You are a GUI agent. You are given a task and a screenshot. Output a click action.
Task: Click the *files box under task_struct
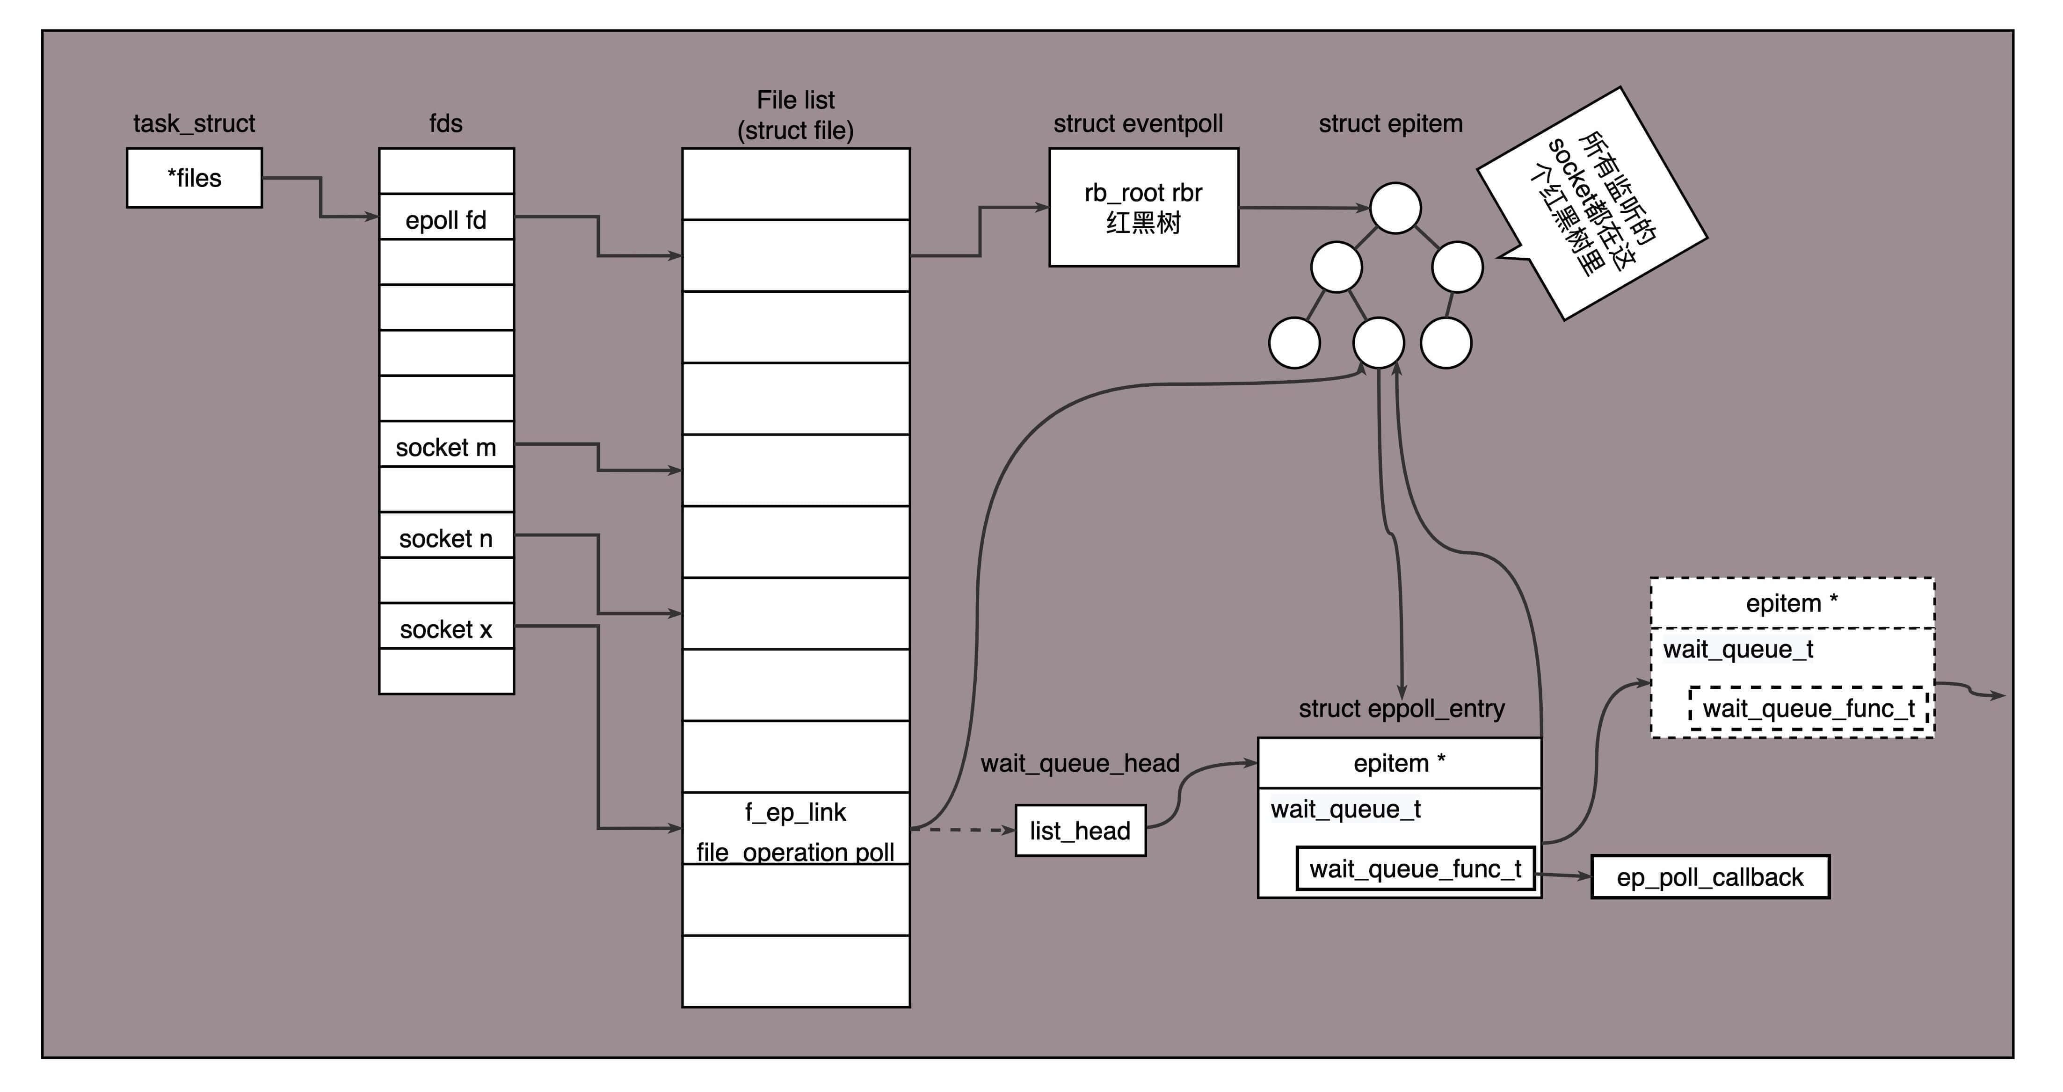tap(194, 178)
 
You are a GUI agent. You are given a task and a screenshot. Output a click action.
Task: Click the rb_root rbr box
tap(1144, 207)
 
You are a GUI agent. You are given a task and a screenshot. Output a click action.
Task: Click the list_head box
tap(1080, 830)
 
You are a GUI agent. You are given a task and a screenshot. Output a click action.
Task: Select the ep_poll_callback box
tap(1710, 877)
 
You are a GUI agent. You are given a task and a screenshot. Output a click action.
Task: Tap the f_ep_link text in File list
tap(795, 812)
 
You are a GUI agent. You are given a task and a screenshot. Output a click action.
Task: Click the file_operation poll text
tap(795, 852)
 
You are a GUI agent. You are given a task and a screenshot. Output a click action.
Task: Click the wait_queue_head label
tap(1080, 763)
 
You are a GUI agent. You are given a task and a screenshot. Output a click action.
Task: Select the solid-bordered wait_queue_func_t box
tap(1415, 868)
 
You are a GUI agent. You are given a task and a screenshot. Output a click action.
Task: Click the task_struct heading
tap(194, 123)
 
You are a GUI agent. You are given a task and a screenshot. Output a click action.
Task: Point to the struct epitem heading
tap(1390, 123)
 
